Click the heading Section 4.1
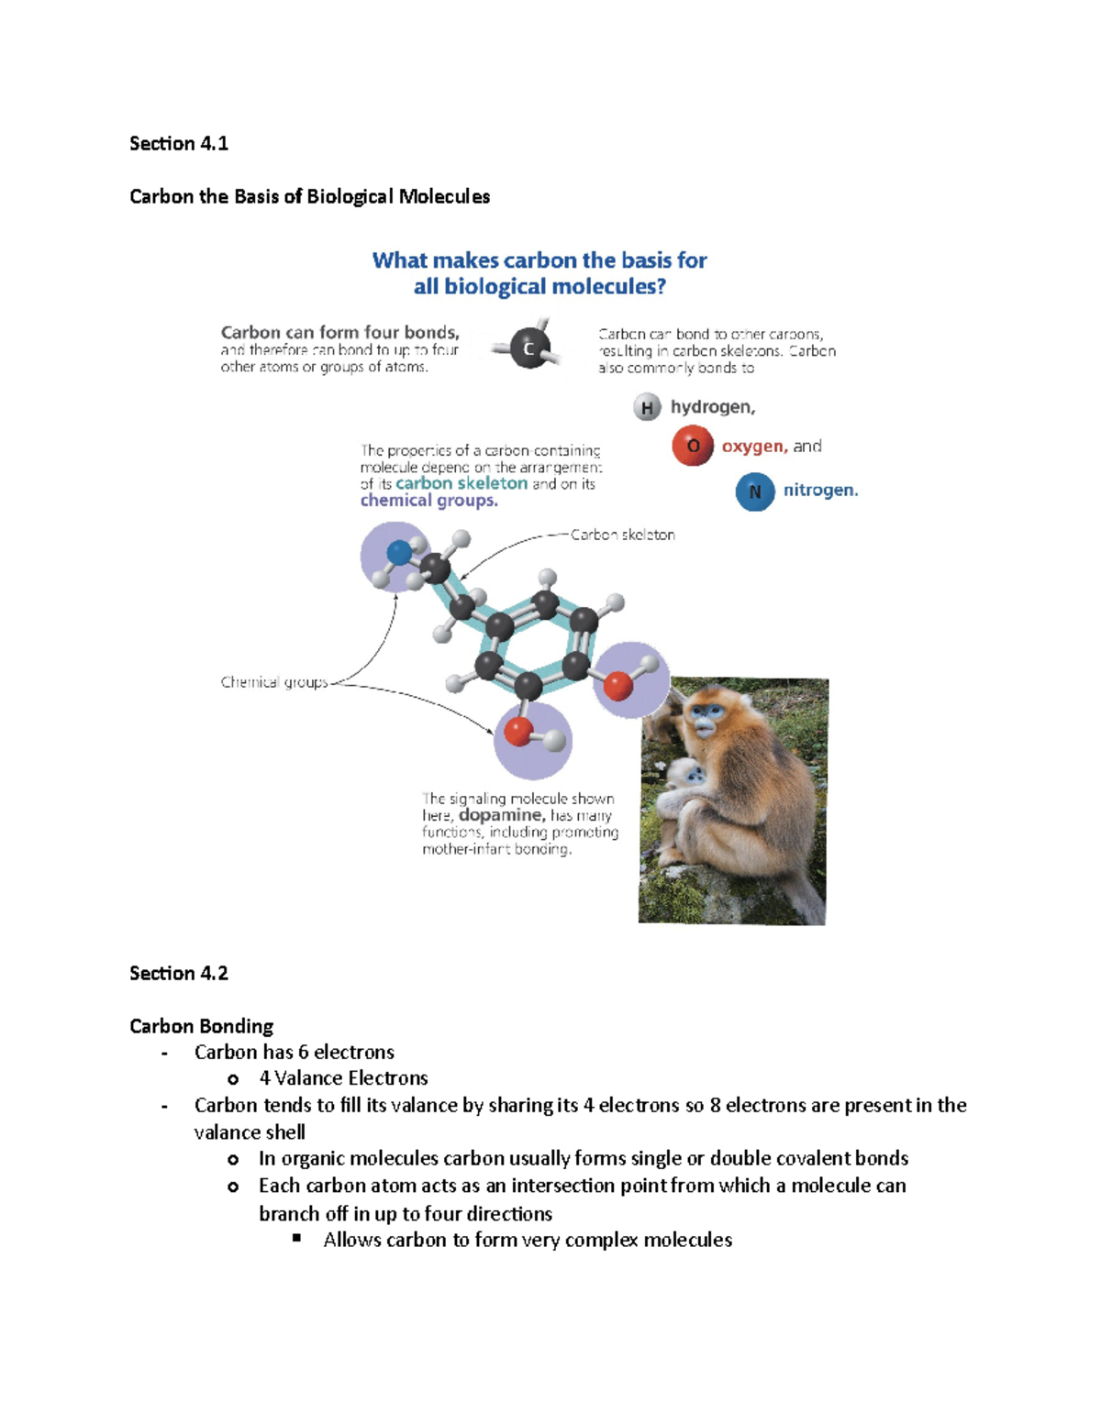179,143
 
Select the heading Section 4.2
179,973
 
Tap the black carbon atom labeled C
528,348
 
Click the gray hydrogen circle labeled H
647,407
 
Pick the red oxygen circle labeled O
693,446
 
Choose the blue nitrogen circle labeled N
755,491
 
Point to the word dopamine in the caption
501,815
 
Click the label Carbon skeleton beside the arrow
622,535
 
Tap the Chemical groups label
274,682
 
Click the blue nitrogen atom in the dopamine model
399,552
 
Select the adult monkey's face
705,717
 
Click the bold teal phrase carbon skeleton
462,483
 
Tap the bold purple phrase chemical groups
428,501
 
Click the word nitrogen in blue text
820,491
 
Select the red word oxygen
754,447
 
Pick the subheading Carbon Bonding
201,1026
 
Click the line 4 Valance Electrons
343,1078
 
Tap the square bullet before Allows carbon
297,1238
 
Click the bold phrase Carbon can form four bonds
339,332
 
